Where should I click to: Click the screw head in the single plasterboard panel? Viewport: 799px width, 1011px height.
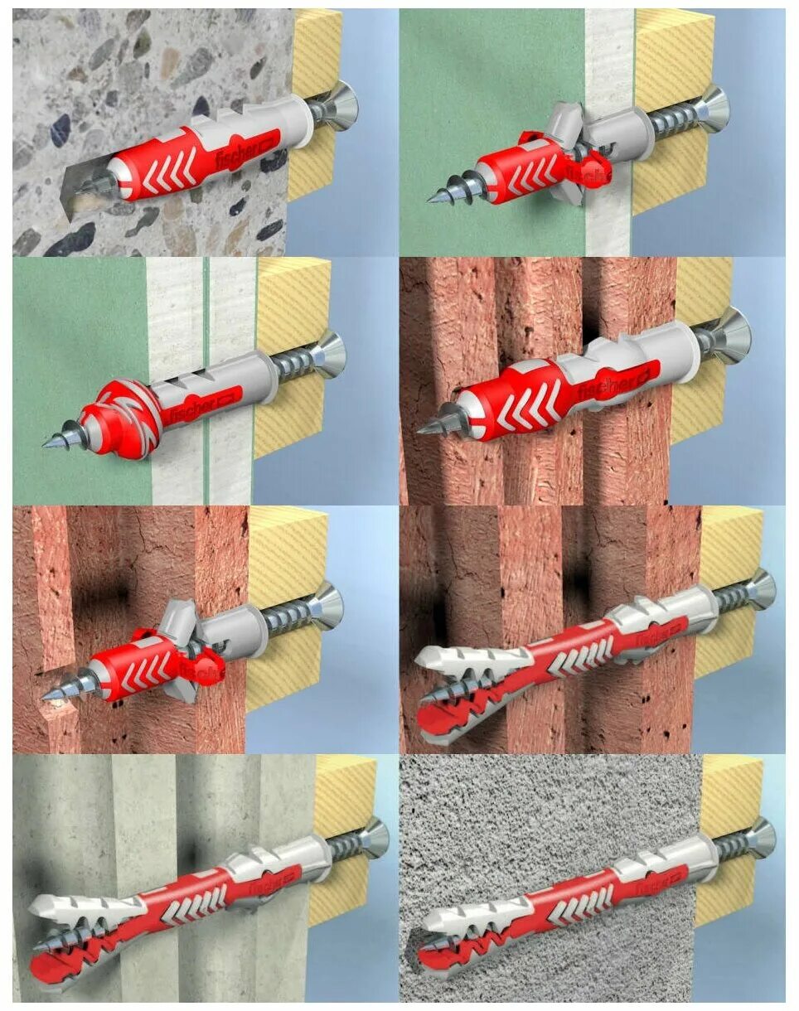click(x=712, y=109)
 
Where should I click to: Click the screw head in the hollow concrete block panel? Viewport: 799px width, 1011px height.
click(x=372, y=836)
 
